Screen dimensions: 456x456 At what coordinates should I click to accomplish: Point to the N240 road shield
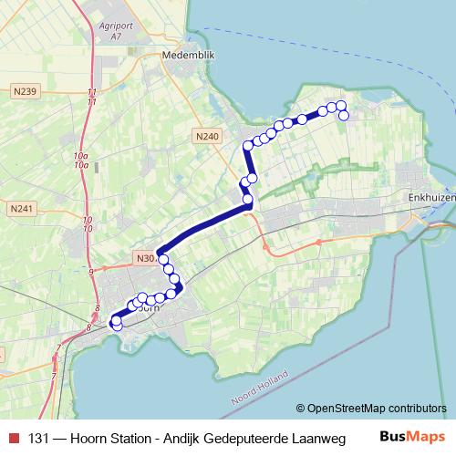coord(207,136)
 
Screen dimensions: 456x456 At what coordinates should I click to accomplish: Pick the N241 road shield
coord(22,209)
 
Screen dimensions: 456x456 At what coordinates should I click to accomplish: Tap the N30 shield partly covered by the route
coord(143,257)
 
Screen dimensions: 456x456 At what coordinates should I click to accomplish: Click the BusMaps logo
coord(412,439)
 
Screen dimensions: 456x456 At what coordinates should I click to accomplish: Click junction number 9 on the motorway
coord(92,272)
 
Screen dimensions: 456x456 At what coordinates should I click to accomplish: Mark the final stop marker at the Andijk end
coord(344,116)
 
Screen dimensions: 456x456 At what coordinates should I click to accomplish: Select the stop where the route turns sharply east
coord(247,146)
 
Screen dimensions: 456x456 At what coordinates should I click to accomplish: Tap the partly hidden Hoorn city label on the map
coord(148,308)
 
